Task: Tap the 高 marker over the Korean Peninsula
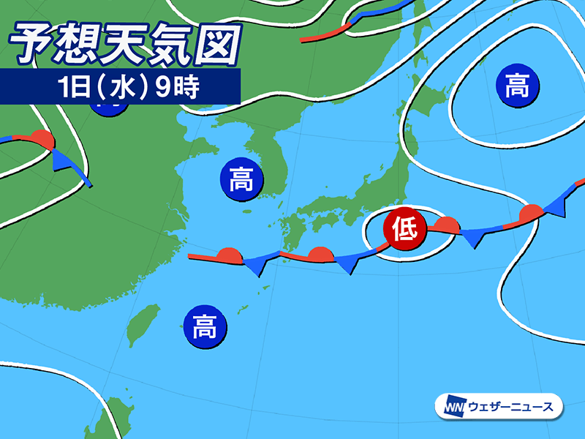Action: coord(241,179)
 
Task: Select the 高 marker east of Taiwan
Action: coord(205,326)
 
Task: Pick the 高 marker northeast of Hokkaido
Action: coord(517,85)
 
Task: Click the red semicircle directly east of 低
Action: coord(445,225)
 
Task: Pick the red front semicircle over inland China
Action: coord(42,139)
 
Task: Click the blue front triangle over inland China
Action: coord(64,160)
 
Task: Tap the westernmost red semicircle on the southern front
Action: coord(230,255)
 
